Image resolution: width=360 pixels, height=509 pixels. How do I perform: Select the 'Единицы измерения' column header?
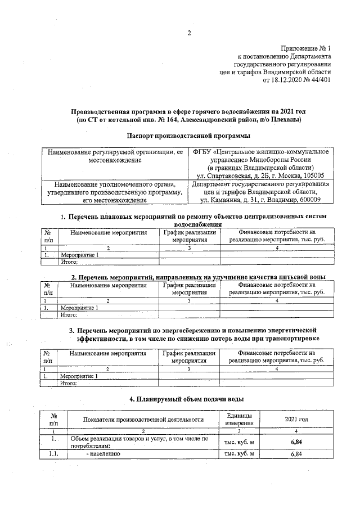[238, 420]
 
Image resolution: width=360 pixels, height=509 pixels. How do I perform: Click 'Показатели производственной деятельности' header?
[143, 420]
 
